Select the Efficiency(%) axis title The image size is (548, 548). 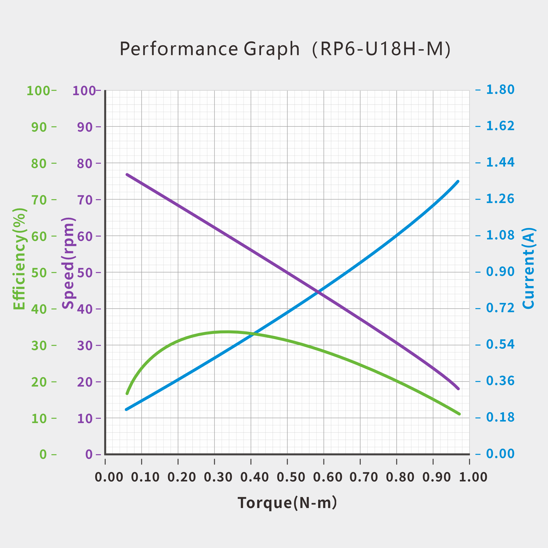[x=19, y=259]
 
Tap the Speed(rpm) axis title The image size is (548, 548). [x=68, y=263]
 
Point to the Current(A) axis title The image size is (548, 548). [x=528, y=268]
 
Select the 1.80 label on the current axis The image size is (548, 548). [x=500, y=90]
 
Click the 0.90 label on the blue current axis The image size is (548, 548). [x=500, y=272]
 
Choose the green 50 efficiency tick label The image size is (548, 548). [x=39, y=273]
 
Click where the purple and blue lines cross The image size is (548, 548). [x=319, y=292]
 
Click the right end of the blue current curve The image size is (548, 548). [x=458, y=182]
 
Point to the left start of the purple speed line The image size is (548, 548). [x=127, y=174]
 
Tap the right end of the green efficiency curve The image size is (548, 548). [x=459, y=414]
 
